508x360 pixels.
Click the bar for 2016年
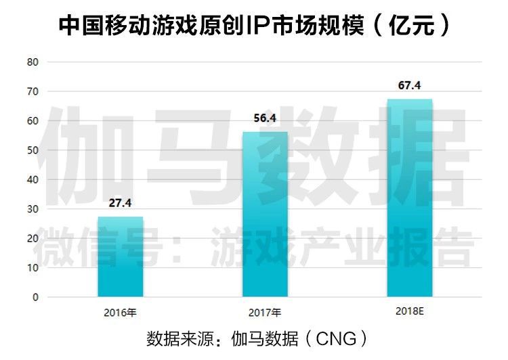click(121, 256)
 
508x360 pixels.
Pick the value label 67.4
click(409, 86)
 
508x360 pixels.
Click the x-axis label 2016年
click(121, 313)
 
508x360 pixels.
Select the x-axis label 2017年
click(265, 313)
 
